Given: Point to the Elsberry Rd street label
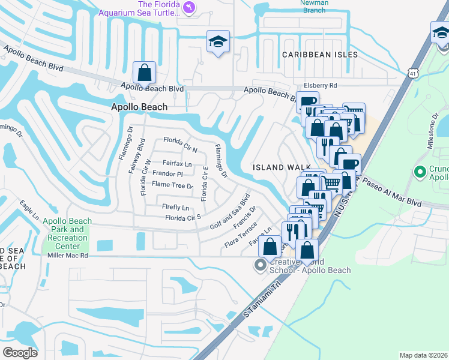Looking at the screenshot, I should click(321, 86).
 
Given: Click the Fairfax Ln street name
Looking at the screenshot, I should click(177, 163).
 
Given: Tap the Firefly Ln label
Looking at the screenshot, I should click(176, 208).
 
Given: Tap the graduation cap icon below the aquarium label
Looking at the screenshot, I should click(217, 41).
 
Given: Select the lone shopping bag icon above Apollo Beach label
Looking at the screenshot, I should click(145, 73).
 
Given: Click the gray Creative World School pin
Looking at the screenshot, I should click(260, 265).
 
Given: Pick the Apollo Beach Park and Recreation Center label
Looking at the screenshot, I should click(65, 233).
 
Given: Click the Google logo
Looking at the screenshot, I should click(20, 352).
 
